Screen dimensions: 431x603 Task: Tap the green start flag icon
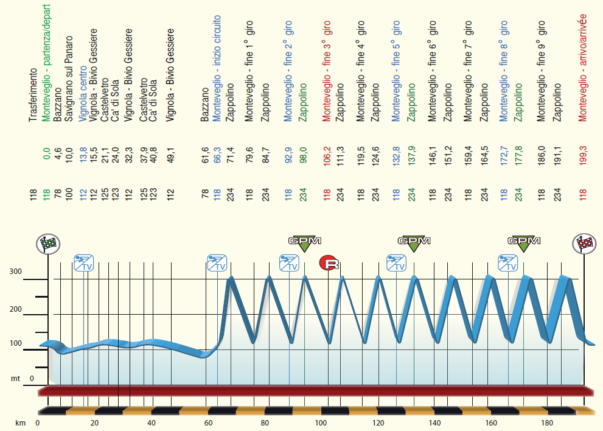coord(48,244)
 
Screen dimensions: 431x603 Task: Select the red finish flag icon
coord(585,244)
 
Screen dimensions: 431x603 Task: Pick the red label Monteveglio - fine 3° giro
coord(327,71)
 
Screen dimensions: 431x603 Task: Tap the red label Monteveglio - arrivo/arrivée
coord(583,67)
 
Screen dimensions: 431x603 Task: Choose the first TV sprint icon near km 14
coord(83,263)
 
